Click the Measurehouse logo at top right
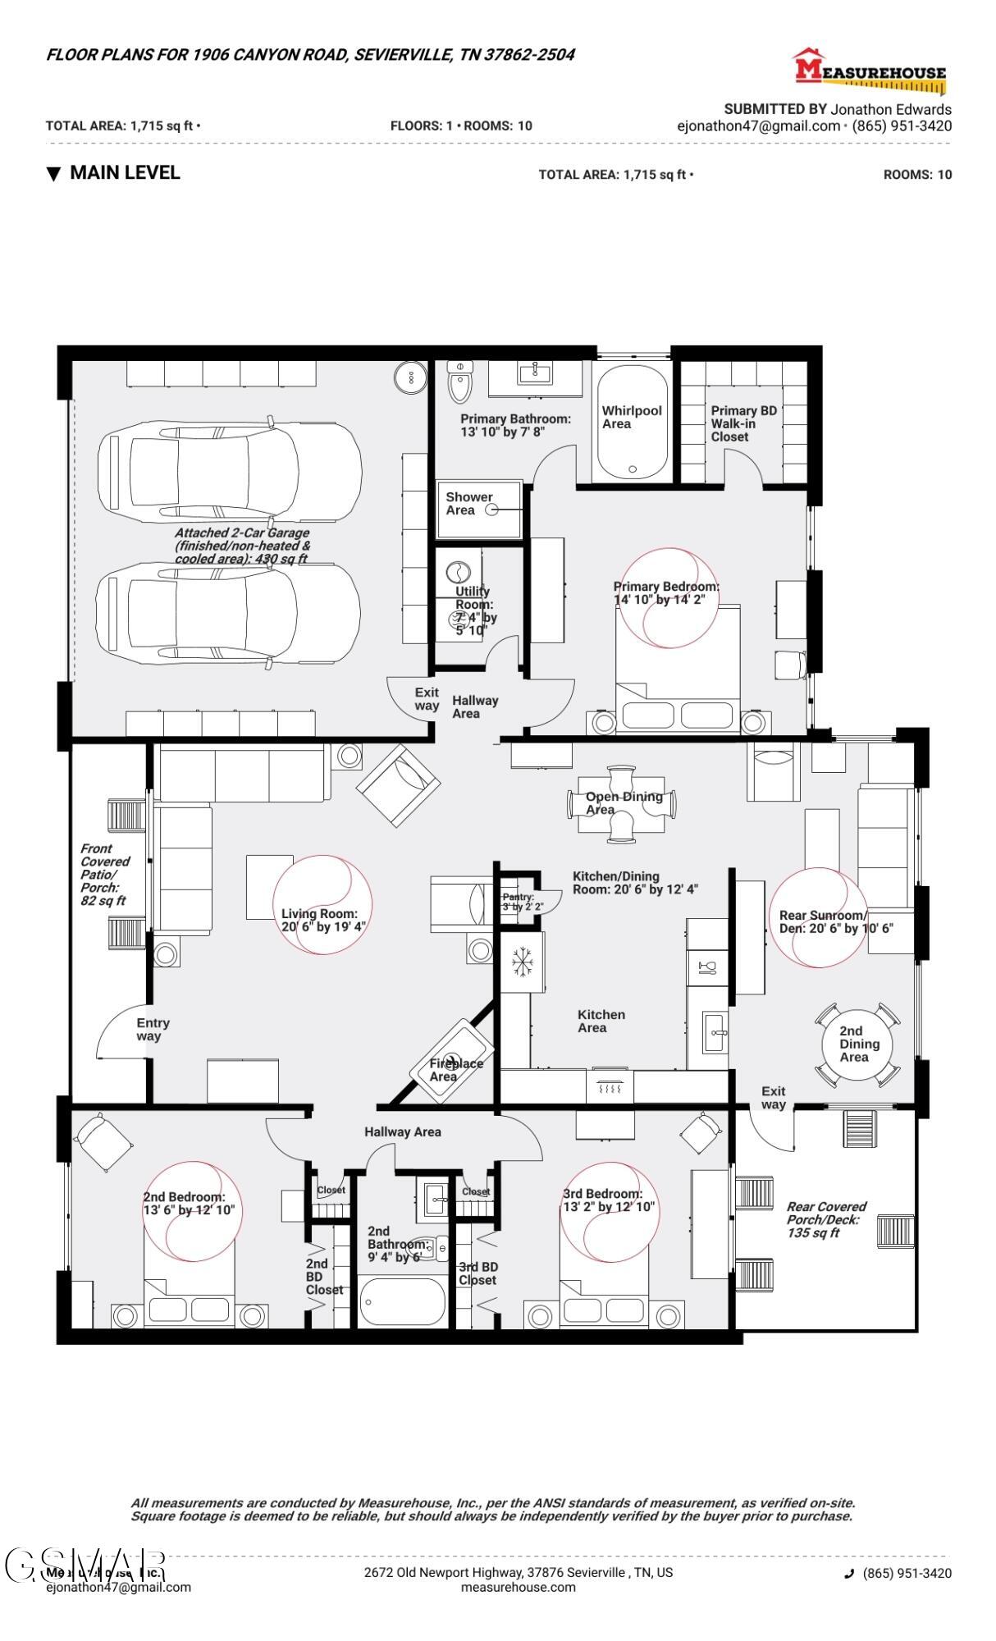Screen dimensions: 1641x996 (x=870, y=71)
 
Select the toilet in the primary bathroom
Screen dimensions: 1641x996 (x=460, y=382)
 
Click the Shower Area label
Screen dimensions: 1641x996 (x=468, y=503)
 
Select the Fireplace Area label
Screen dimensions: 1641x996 (x=456, y=1069)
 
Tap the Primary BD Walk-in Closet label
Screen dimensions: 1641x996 (x=743, y=423)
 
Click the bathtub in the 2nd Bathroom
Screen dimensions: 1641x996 (x=402, y=1301)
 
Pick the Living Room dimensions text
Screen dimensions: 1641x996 (x=323, y=926)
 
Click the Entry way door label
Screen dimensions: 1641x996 (x=153, y=1029)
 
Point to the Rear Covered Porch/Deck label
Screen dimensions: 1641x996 (x=826, y=1219)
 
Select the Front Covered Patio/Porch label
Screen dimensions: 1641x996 (x=104, y=874)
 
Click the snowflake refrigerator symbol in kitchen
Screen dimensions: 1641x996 (x=521, y=962)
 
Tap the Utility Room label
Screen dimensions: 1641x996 (x=475, y=610)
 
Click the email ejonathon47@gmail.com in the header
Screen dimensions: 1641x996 (x=758, y=126)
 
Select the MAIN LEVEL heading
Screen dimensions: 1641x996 (x=125, y=172)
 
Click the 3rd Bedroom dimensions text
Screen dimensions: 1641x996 (x=608, y=1206)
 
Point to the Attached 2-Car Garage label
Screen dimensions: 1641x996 (x=242, y=546)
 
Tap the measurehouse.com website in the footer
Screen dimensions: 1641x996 (x=518, y=1586)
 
